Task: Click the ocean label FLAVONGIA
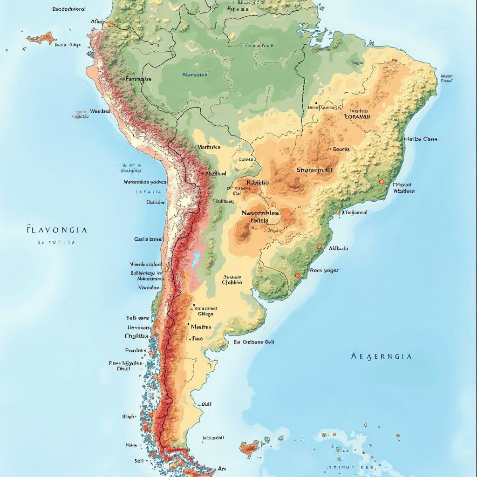tap(56, 230)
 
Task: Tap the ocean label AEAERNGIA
tap(381, 356)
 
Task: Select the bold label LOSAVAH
tap(357, 116)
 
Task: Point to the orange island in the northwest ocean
tap(40, 37)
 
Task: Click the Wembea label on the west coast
tap(100, 111)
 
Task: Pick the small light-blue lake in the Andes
tap(197, 256)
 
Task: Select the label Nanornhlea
tap(260, 213)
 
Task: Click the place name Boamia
tap(341, 150)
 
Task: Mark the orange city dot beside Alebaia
tap(319, 246)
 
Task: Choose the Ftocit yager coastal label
tap(324, 270)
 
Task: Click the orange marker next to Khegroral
tap(337, 212)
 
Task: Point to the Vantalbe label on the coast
tap(149, 287)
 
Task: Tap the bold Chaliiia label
tap(136, 336)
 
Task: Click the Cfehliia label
tap(232, 282)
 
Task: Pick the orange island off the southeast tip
tap(249, 448)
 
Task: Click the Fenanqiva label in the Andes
tap(139, 79)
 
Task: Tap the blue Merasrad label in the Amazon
tap(195, 74)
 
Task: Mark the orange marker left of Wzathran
tap(382, 182)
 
